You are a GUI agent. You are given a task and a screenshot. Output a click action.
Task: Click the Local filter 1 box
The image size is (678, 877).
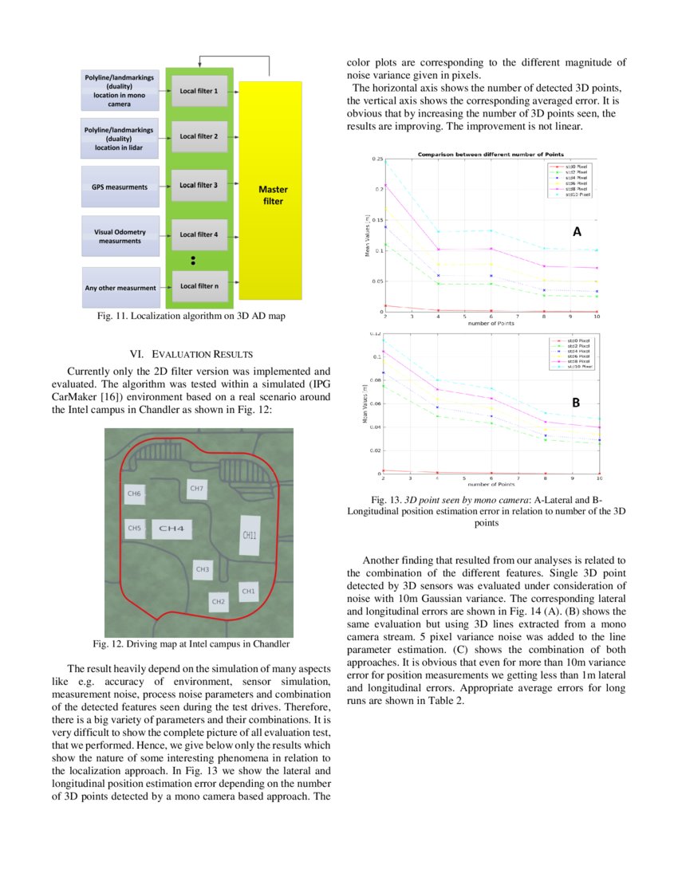point(199,92)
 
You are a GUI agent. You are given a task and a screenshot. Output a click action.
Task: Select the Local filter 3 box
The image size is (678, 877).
point(199,185)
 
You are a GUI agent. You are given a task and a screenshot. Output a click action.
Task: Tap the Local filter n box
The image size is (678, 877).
point(199,285)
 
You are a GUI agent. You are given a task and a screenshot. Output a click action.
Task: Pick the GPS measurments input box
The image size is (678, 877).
point(120,187)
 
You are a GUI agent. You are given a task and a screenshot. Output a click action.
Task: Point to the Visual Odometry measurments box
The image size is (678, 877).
point(120,235)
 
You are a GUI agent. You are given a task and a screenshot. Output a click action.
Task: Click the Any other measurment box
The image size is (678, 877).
point(120,288)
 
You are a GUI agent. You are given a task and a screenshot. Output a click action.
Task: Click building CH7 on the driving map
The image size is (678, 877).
point(196,488)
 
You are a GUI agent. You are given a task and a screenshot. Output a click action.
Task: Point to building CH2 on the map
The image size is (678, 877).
point(218,601)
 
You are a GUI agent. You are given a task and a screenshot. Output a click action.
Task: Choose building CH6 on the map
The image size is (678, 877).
point(134,494)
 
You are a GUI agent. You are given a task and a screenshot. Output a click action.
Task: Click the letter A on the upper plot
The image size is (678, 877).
point(577,232)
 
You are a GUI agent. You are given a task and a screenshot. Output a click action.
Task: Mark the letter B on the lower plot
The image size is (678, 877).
point(575,404)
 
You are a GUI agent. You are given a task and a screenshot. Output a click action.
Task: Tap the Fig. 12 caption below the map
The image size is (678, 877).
point(191,643)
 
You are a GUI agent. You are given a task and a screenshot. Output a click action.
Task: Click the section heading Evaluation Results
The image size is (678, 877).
point(191,354)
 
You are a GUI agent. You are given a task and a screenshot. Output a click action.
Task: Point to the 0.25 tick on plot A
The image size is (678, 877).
point(376,159)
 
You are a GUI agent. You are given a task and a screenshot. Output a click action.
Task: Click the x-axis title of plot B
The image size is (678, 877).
point(491,484)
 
